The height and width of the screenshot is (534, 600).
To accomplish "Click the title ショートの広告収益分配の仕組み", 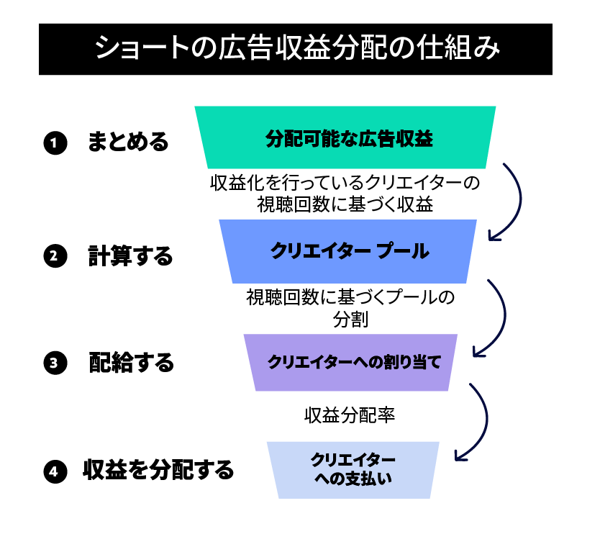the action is tap(297, 48).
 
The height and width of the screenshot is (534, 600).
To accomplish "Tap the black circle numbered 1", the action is tap(55, 142).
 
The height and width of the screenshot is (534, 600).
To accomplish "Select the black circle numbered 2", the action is tap(55, 255).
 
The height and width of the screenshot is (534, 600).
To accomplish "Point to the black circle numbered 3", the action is tap(55, 363).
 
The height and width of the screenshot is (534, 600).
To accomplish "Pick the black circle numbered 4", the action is tap(55, 471).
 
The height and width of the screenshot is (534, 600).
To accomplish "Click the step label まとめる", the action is tap(128, 142).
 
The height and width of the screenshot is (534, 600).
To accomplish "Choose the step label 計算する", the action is tap(130, 255).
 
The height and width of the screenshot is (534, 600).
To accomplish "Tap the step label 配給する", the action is tap(131, 363).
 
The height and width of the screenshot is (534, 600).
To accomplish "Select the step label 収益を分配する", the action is tap(158, 470).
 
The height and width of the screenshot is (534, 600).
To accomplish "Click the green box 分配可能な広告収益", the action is tap(345, 137).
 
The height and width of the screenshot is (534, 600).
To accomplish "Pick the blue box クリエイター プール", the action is tap(347, 251).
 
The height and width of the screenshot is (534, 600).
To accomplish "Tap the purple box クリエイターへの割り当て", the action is tap(350, 363).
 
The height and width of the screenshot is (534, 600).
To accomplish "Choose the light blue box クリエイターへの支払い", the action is tap(353, 470).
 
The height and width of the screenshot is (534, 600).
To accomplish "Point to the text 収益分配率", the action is tap(350, 415).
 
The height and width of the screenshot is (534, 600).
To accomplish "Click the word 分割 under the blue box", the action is tap(350, 319).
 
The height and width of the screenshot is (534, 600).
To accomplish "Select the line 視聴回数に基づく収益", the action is tap(345, 204).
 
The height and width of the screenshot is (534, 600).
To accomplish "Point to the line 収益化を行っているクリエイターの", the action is tap(345, 183).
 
